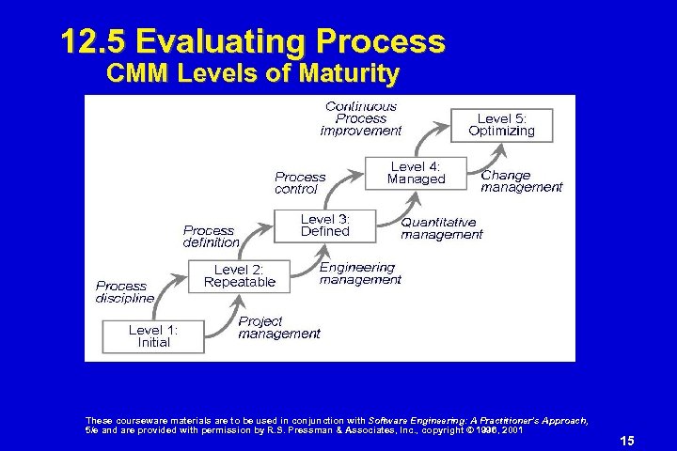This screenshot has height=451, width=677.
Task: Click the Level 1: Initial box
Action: (153, 336)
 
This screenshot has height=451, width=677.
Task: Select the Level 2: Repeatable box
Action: (239, 276)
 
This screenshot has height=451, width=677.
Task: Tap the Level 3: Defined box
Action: (324, 225)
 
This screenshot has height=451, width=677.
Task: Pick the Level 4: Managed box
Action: (416, 173)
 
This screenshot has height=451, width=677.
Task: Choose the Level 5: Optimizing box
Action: (501, 125)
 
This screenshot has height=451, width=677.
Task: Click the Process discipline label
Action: (124, 292)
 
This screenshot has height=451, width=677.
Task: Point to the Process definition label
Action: (211, 237)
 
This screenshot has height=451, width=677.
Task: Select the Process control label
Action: (300, 183)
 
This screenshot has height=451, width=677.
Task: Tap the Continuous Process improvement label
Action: (361, 119)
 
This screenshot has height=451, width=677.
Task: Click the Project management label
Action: (278, 328)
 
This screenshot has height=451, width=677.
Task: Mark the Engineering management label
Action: (360, 274)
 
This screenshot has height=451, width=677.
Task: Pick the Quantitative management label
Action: (441, 229)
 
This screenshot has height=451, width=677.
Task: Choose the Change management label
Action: (521, 181)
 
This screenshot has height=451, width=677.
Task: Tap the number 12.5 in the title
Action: (92, 41)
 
